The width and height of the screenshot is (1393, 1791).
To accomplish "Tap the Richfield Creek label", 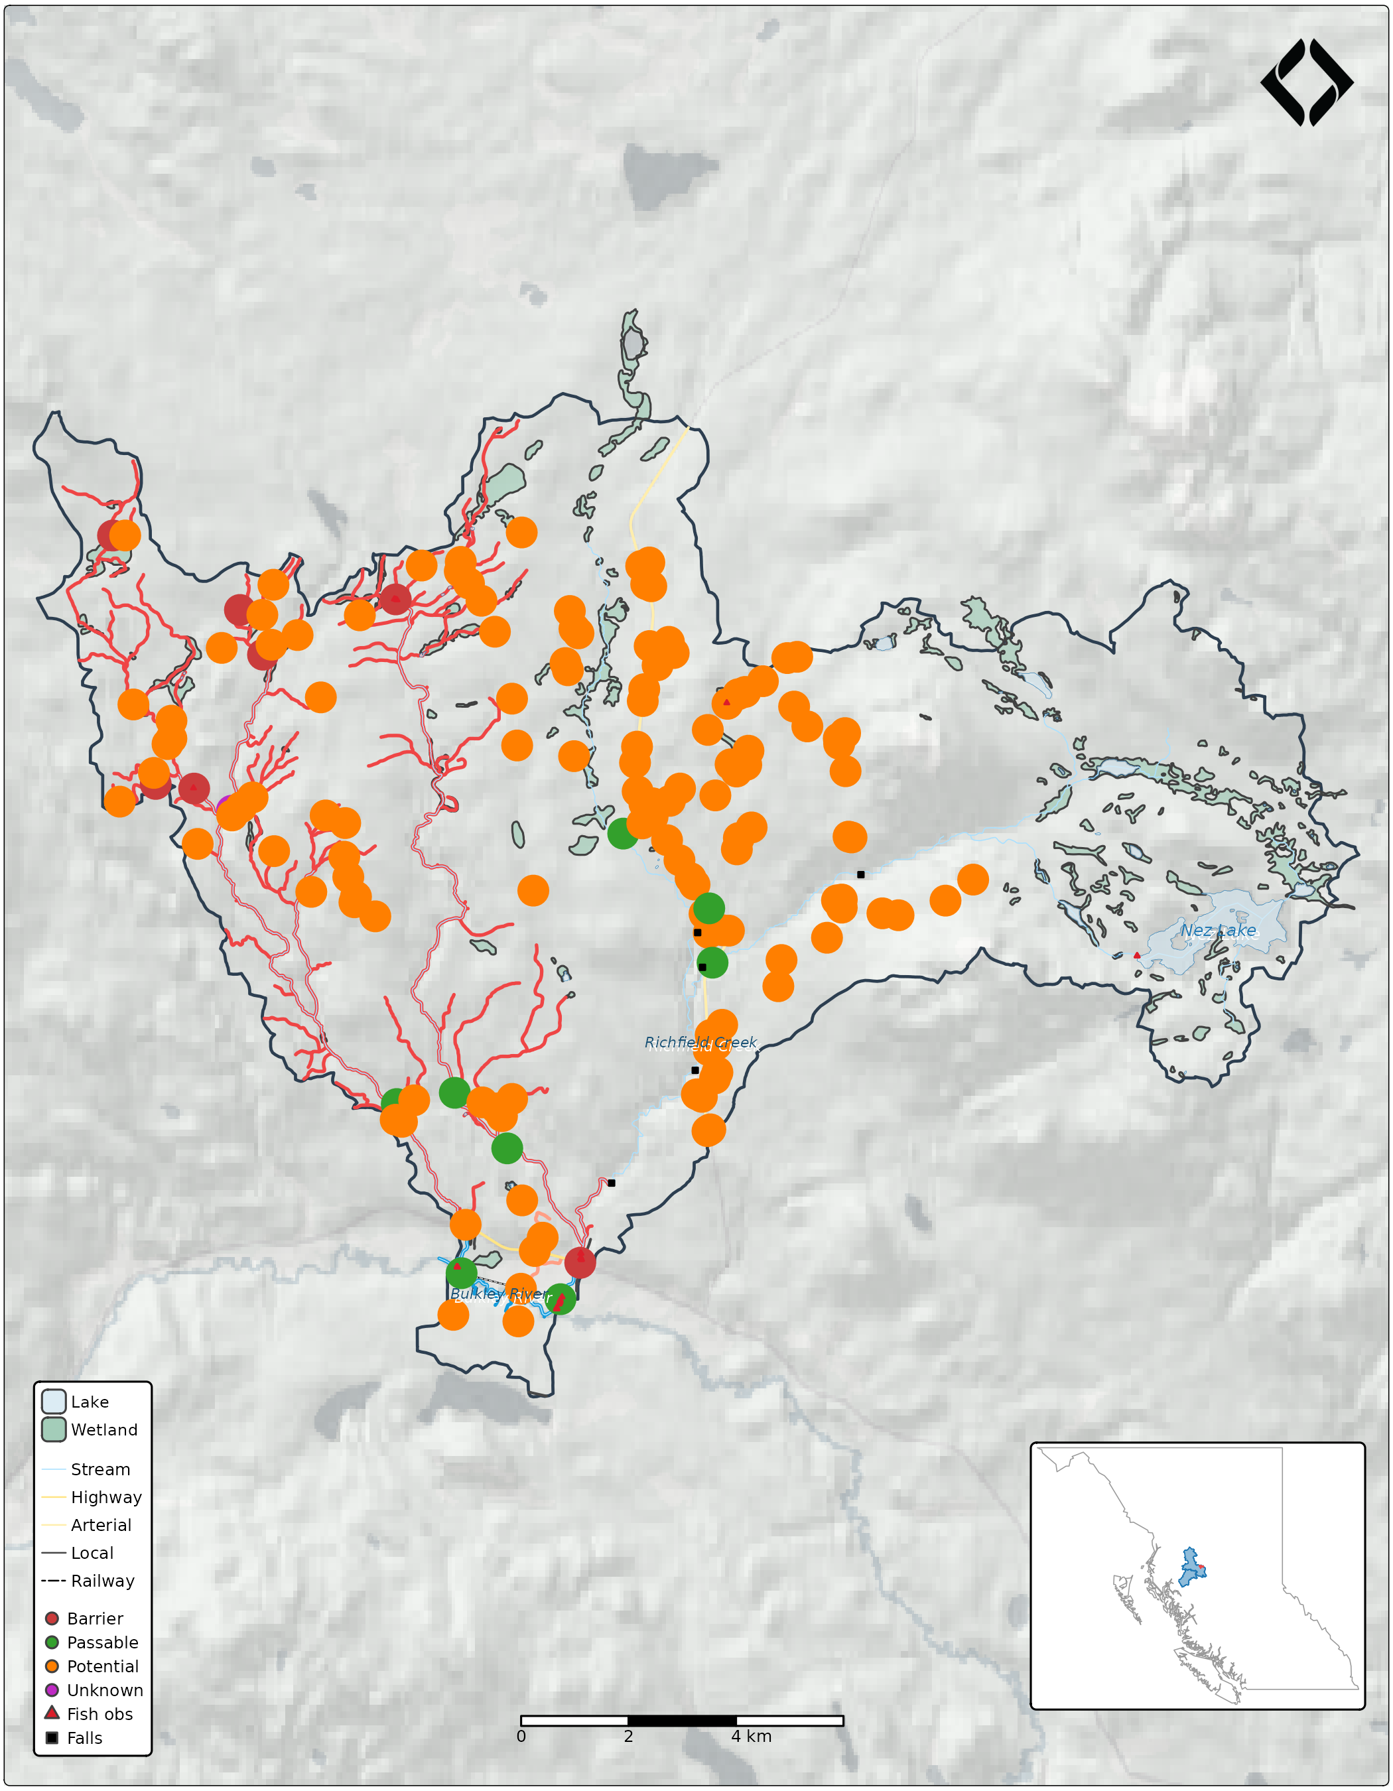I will pyautogui.click(x=700, y=1042).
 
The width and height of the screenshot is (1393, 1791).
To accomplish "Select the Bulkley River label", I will pyautogui.click(x=499, y=1293).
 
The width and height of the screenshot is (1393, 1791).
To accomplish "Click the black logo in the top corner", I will pyautogui.click(x=1306, y=83).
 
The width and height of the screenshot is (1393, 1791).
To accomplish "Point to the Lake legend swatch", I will pyautogui.click(x=53, y=1402).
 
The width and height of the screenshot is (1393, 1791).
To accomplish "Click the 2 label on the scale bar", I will pyautogui.click(x=628, y=1736).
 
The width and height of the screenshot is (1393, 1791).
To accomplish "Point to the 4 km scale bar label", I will pyautogui.click(x=751, y=1736).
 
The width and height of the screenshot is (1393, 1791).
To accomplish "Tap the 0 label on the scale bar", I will pyautogui.click(x=521, y=1736).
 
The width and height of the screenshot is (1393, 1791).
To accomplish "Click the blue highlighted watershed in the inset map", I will pyautogui.click(x=1189, y=1568).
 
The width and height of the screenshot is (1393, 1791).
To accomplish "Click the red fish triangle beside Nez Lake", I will pyautogui.click(x=1136, y=955).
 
